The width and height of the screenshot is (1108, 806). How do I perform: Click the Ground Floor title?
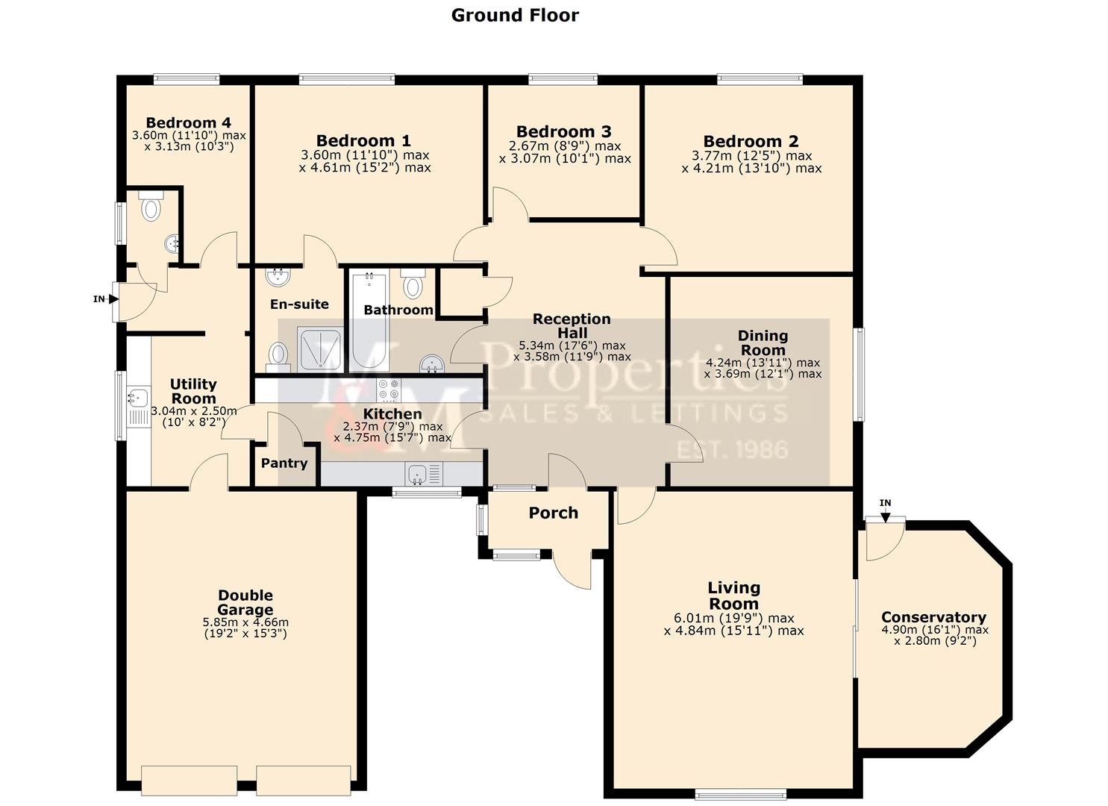coord(515,15)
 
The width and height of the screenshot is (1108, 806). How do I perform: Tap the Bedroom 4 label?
coord(188,123)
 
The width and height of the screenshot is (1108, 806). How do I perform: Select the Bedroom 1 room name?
coord(363,141)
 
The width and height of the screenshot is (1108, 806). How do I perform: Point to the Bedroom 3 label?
coord(564,132)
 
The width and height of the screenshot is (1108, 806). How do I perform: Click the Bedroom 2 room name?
coord(751,142)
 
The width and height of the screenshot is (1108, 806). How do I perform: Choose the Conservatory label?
coord(933,617)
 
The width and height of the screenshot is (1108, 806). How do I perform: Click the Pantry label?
coord(284,463)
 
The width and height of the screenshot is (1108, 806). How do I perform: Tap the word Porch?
coord(553,513)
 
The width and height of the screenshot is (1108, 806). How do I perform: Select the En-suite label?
coord(299,304)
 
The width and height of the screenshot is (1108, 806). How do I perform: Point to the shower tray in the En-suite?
coord(321,349)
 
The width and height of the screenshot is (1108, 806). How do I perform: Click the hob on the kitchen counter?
coord(388,390)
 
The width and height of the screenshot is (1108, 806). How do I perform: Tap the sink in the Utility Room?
coord(137,398)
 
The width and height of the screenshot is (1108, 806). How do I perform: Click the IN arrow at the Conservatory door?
coord(885,512)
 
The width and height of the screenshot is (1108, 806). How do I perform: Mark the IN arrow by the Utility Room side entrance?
coord(113,299)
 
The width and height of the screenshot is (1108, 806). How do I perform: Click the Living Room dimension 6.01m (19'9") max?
coord(733,619)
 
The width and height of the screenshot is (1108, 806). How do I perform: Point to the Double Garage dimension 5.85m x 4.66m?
coord(245,622)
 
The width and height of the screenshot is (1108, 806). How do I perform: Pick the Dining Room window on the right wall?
coord(859,374)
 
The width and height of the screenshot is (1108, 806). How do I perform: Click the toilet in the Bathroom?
coord(412,284)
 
